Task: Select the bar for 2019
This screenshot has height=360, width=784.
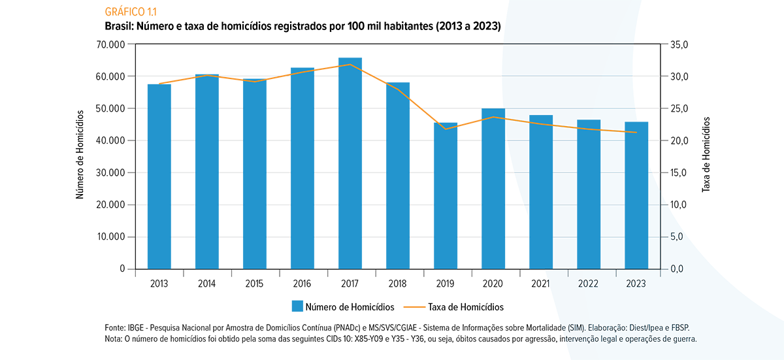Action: [446, 196]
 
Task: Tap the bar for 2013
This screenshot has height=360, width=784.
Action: [159, 176]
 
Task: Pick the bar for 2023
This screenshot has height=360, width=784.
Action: [636, 195]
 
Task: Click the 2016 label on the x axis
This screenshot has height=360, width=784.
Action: [302, 284]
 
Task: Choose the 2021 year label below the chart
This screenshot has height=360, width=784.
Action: [541, 284]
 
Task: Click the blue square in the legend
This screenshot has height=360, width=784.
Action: [297, 306]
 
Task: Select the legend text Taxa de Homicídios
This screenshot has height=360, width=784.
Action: [466, 306]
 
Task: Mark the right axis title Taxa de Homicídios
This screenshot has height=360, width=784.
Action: [706, 155]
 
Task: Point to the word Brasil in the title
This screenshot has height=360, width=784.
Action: [119, 26]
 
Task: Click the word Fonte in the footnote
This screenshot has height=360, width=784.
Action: [115, 327]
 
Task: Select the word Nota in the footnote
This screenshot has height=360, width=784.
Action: [114, 339]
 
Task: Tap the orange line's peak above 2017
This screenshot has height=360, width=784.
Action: [350, 64]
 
